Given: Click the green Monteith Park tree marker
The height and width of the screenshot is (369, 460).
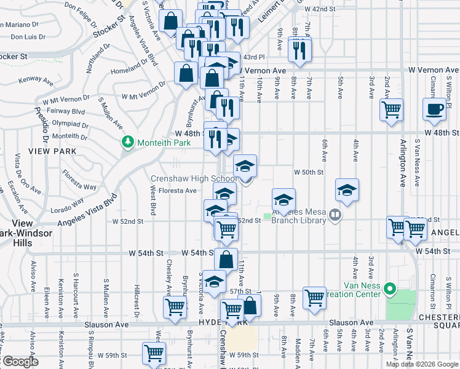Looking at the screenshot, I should click(x=128, y=142).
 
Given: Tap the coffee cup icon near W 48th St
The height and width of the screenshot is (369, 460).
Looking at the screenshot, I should click(x=434, y=109).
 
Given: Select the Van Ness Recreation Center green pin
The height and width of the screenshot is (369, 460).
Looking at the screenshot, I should click(x=389, y=288).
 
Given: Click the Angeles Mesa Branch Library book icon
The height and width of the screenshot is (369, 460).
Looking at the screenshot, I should click(x=335, y=215).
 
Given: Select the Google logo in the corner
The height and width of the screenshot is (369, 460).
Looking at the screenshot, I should click(x=20, y=362).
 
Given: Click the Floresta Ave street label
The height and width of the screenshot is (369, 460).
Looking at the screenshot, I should click(x=177, y=191).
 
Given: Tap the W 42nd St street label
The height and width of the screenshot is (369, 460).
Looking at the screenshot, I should click(x=319, y=9).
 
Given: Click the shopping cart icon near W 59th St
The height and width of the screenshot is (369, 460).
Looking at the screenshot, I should click(x=154, y=354).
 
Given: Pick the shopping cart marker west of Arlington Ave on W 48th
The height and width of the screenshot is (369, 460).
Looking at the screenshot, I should click(x=391, y=110).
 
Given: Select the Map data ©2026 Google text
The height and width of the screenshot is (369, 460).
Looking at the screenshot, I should click(x=422, y=364).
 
